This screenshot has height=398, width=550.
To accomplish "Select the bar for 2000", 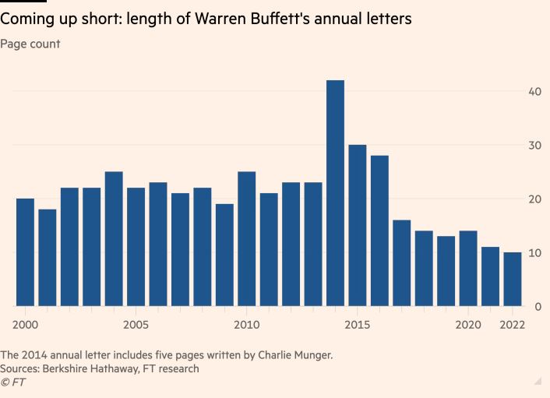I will click(x=25, y=252).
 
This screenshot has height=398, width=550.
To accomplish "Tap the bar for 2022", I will click(x=512, y=279).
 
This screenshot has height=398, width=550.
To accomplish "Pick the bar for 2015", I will click(x=358, y=226).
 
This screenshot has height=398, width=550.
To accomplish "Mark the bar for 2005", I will click(x=136, y=247).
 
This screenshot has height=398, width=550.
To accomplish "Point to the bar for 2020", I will click(x=468, y=269).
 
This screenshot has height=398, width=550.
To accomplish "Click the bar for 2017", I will click(x=401, y=263).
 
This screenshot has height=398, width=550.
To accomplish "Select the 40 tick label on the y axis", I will click(x=534, y=91).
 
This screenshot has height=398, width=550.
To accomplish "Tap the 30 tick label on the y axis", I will click(x=534, y=146).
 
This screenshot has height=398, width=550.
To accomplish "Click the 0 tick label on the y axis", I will click(x=538, y=307).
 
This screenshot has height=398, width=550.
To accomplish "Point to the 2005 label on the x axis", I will click(x=136, y=324).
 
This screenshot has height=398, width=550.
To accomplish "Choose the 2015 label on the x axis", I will click(x=358, y=324).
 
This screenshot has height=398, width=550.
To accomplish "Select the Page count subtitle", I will click(x=30, y=44).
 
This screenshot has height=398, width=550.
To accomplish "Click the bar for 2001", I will click(x=48, y=258).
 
